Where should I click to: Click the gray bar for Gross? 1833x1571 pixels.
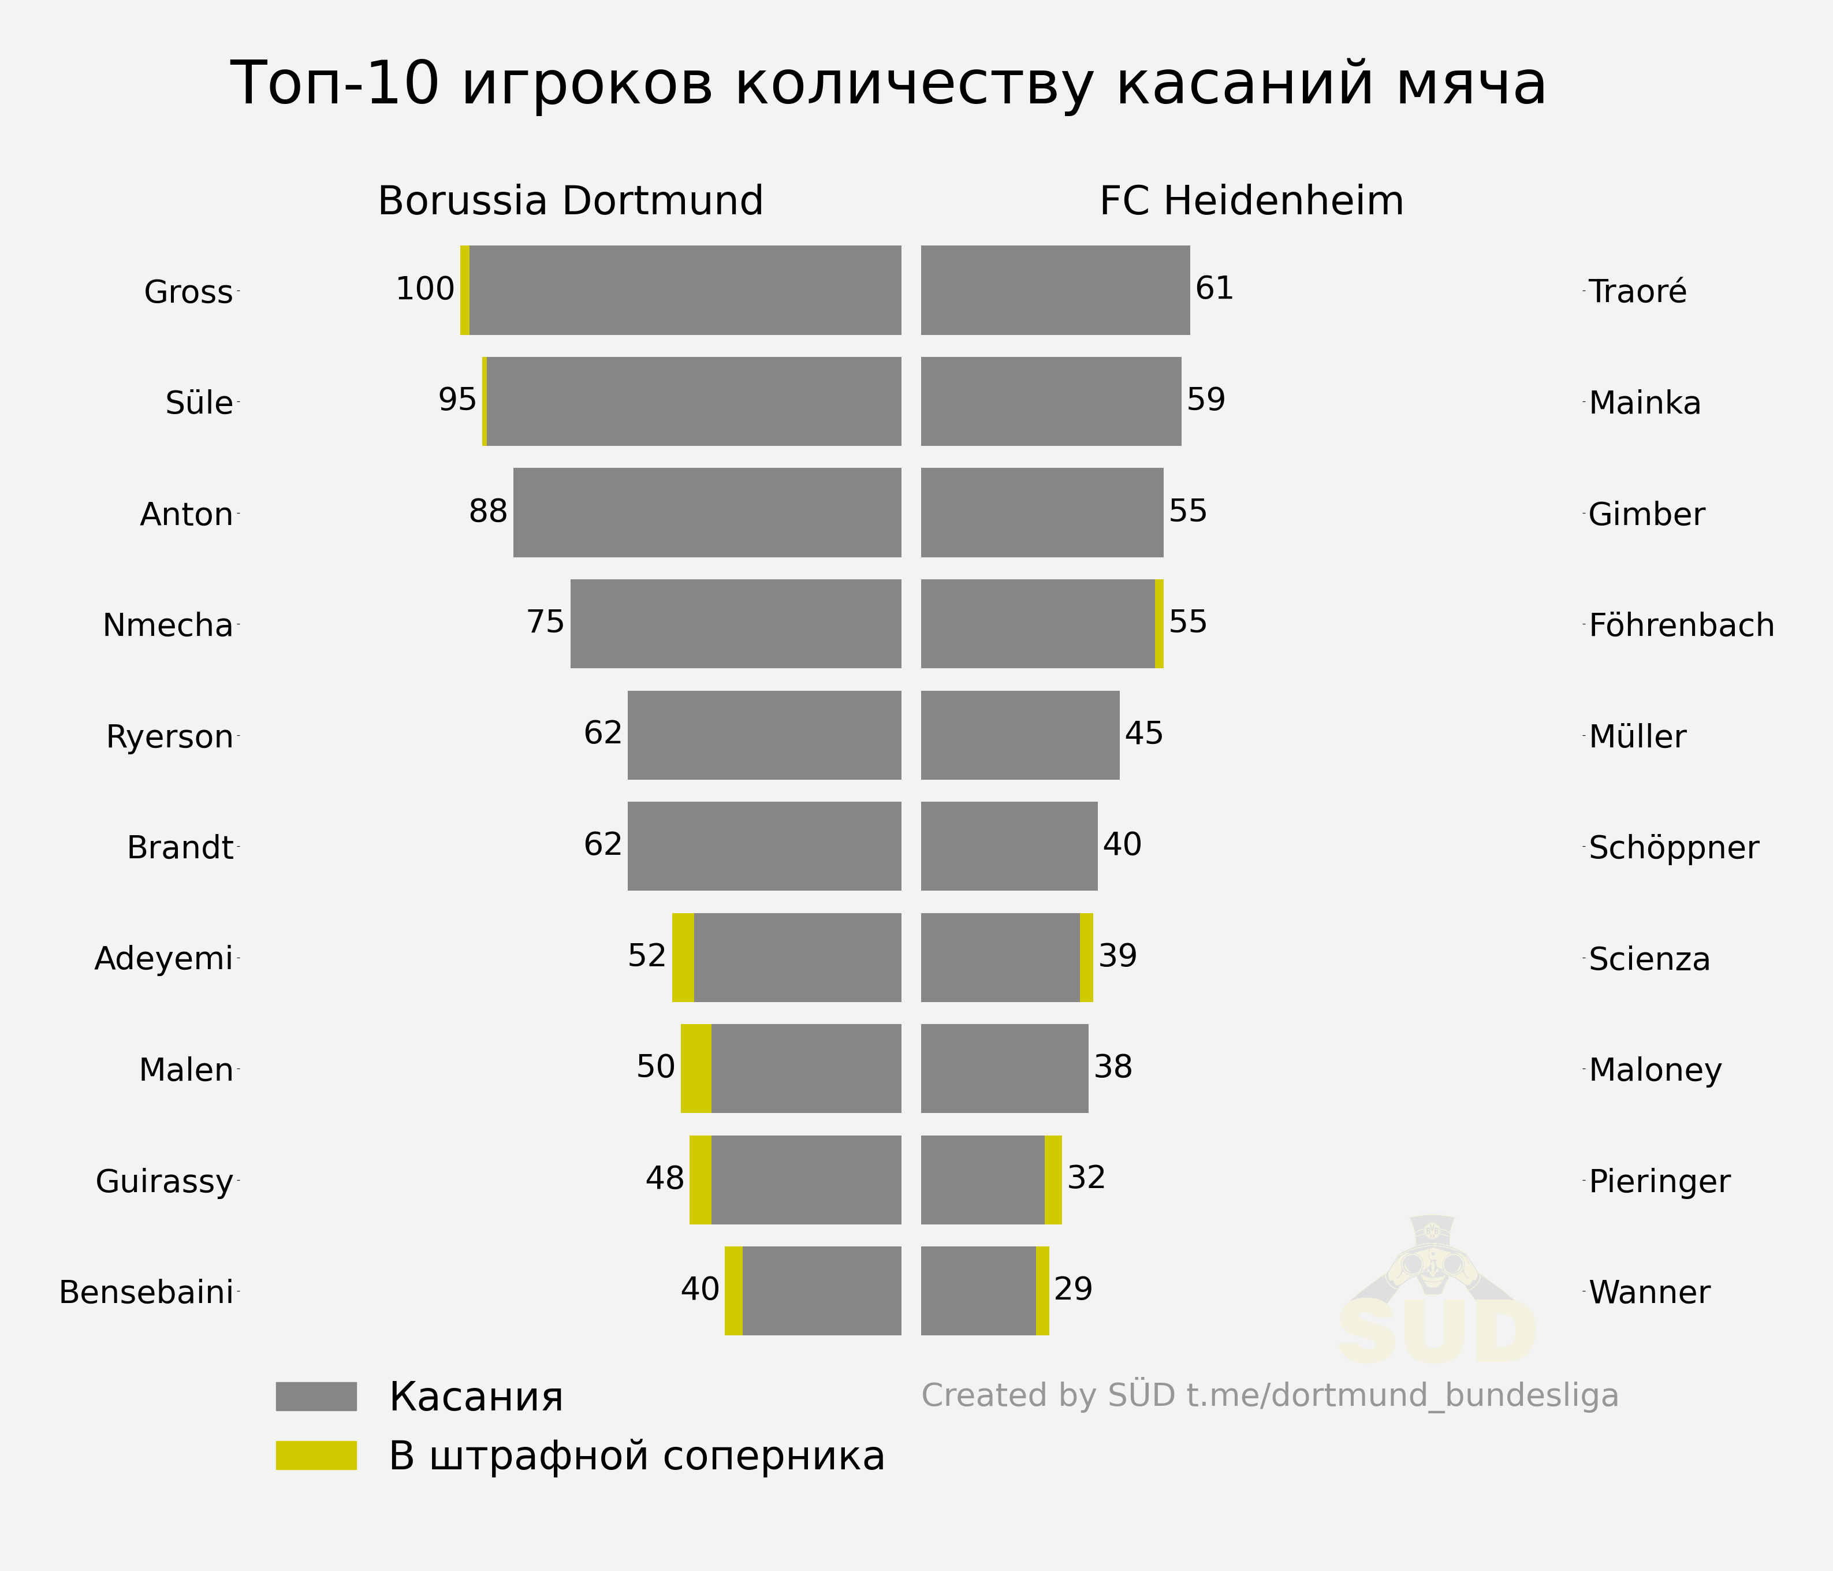[685, 290]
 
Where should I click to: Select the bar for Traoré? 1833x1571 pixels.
[1056, 290]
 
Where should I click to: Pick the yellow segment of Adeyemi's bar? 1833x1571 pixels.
[683, 957]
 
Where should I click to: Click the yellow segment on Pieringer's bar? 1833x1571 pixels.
[1053, 1180]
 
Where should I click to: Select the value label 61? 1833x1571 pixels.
[1214, 288]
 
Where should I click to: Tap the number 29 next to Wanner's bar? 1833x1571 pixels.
[1073, 1289]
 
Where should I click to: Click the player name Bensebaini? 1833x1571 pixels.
[146, 1293]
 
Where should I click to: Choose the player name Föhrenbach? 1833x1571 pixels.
[1682, 626]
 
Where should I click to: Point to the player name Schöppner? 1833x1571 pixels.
[1674, 847]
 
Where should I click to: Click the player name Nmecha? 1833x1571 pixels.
[168, 626]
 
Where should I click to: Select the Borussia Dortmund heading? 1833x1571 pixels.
[571, 201]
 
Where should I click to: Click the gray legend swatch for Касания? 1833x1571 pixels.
[316, 1396]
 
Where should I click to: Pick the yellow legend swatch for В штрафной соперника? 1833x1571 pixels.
[316, 1455]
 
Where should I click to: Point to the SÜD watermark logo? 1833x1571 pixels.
[1435, 1291]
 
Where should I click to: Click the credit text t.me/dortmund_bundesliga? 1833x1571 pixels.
[1402, 1396]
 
